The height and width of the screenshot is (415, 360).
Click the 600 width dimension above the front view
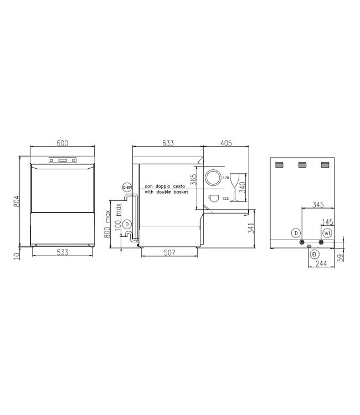click(x=63, y=143)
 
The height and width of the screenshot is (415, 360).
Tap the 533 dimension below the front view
click(x=63, y=253)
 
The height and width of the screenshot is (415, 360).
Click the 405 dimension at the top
click(x=225, y=143)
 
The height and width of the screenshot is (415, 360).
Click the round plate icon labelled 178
click(x=213, y=178)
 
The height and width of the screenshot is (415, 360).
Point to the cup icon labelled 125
click(x=214, y=198)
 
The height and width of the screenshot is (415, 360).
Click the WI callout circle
click(x=327, y=233)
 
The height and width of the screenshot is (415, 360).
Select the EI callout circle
click(x=314, y=254)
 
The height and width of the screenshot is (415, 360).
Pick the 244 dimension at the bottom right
click(x=321, y=265)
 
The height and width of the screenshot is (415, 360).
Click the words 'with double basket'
click(x=166, y=191)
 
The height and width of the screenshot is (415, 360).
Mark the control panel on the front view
click(x=63, y=161)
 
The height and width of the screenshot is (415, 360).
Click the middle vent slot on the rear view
click(x=302, y=164)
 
